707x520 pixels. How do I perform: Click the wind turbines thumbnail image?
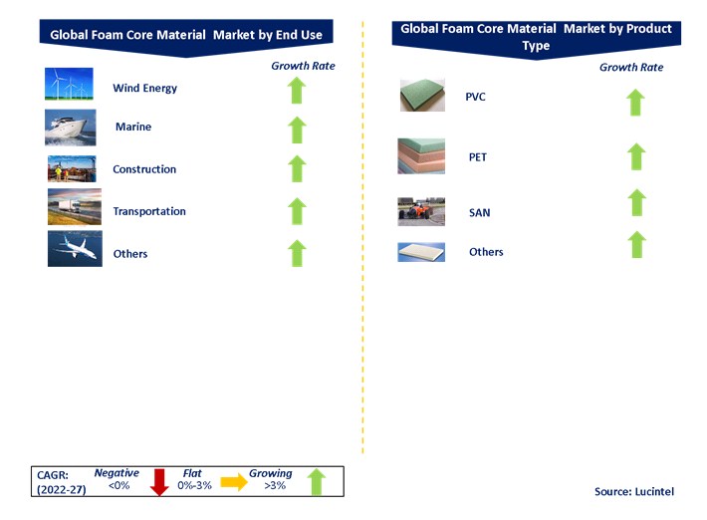(x=69, y=86)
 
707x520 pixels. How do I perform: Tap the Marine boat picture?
(x=70, y=128)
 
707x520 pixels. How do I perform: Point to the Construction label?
(x=144, y=169)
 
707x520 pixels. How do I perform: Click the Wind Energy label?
(x=144, y=88)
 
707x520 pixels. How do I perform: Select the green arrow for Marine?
(x=296, y=129)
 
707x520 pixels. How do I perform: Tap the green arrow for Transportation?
(x=296, y=211)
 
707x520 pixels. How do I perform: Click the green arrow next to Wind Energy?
(x=296, y=89)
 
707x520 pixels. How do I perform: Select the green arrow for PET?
(x=637, y=156)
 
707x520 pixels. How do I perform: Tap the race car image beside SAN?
(x=421, y=210)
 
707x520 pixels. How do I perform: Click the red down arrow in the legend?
(x=156, y=481)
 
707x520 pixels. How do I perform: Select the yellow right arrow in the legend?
(x=233, y=482)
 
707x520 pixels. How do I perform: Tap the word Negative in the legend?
(x=117, y=473)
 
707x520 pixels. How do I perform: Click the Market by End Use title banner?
(x=187, y=36)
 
